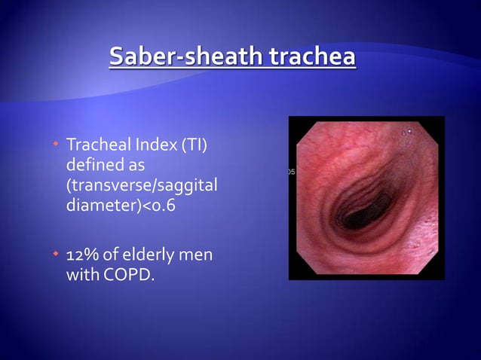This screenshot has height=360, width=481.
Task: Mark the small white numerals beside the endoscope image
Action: tap(292, 172)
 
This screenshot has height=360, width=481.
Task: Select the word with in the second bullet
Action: tap(80, 276)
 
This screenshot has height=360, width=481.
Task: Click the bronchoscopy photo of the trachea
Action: tap(366, 197)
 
